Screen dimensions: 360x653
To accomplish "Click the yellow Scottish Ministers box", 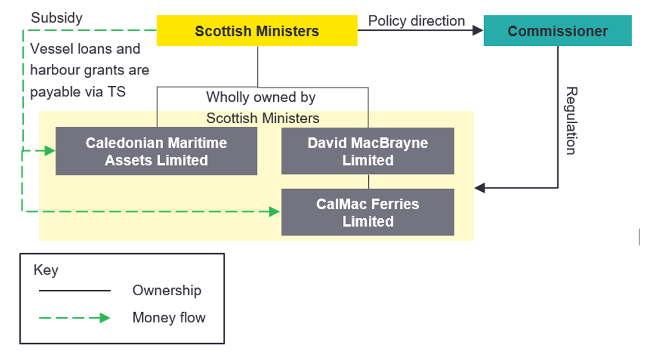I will [x=257, y=31].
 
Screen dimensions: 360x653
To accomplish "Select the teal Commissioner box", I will [x=557, y=31].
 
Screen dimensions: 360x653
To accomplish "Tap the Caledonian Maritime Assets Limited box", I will [x=156, y=151].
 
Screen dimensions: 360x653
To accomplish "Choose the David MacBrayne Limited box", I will [x=368, y=151].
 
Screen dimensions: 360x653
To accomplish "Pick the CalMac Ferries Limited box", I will [x=368, y=212].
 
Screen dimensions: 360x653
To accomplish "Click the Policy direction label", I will [x=416, y=21].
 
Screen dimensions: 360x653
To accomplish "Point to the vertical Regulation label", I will [x=570, y=120].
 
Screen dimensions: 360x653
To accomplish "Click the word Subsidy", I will [x=57, y=17].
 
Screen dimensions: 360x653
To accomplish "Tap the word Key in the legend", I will [x=45, y=270].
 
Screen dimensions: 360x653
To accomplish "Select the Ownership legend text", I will [x=166, y=291].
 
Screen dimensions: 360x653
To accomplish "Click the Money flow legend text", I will [x=169, y=317].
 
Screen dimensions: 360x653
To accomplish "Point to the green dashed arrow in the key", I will [x=74, y=317].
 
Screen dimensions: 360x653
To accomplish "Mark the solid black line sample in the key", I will [x=74, y=291].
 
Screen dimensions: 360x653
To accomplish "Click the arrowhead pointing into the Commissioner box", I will [x=478, y=30].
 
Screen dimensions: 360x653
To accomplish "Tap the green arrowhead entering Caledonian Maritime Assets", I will [x=50, y=151].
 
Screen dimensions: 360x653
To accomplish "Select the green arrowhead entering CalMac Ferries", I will [x=275, y=211].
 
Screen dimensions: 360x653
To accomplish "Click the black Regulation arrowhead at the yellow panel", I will [x=480, y=188].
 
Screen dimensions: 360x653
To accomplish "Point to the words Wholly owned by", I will [x=261, y=98].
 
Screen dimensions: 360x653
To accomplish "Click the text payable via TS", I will [x=78, y=91].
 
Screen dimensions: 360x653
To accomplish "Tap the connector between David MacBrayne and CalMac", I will [x=368, y=181].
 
